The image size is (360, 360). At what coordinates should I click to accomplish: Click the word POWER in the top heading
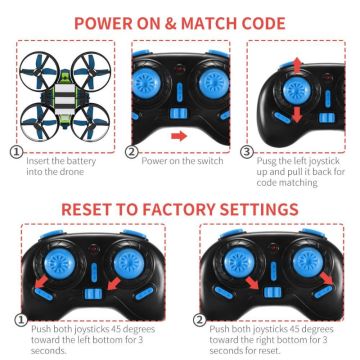click(x=103, y=23)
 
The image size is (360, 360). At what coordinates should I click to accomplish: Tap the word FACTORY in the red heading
click(x=177, y=209)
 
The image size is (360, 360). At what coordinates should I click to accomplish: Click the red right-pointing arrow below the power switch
click(x=179, y=136)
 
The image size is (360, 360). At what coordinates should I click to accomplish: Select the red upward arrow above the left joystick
click(x=298, y=66)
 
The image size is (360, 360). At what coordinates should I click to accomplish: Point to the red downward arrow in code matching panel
click(x=297, y=114)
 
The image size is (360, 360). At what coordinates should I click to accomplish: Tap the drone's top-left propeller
click(x=39, y=72)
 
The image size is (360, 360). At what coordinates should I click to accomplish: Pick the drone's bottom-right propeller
click(x=90, y=122)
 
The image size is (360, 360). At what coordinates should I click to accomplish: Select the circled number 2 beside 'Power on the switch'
click(x=132, y=152)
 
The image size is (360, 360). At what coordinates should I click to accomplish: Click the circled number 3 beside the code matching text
click(x=246, y=152)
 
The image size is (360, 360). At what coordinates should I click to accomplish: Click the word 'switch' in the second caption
click(x=210, y=161)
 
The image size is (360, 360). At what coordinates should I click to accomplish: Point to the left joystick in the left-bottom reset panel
click(x=60, y=263)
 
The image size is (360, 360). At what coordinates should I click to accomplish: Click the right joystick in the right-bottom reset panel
click(x=308, y=262)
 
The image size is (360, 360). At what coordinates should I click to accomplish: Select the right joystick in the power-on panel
click(x=213, y=83)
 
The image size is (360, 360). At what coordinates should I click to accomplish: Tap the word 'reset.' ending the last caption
click(x=268, y=351)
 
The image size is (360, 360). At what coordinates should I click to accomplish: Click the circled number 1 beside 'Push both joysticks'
click(x=21, y=321)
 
